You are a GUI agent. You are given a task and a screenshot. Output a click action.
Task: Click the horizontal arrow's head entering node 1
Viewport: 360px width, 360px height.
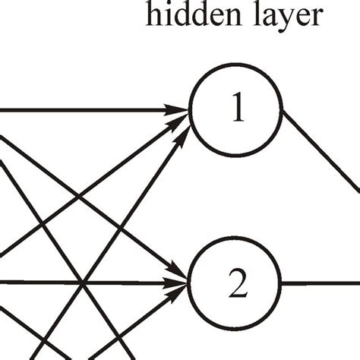coord(181,110)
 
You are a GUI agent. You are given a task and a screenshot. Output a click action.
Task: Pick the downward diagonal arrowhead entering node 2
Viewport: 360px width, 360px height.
coord(181,273)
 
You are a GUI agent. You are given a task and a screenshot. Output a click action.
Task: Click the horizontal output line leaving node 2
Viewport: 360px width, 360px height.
coord(319,285)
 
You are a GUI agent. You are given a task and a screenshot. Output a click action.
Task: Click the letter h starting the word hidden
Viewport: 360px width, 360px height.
coord(154,16)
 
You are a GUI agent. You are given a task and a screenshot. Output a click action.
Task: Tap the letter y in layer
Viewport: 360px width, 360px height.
coord(279,21)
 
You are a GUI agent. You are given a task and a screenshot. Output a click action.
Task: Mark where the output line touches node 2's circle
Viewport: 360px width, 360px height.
coord(282,285)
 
